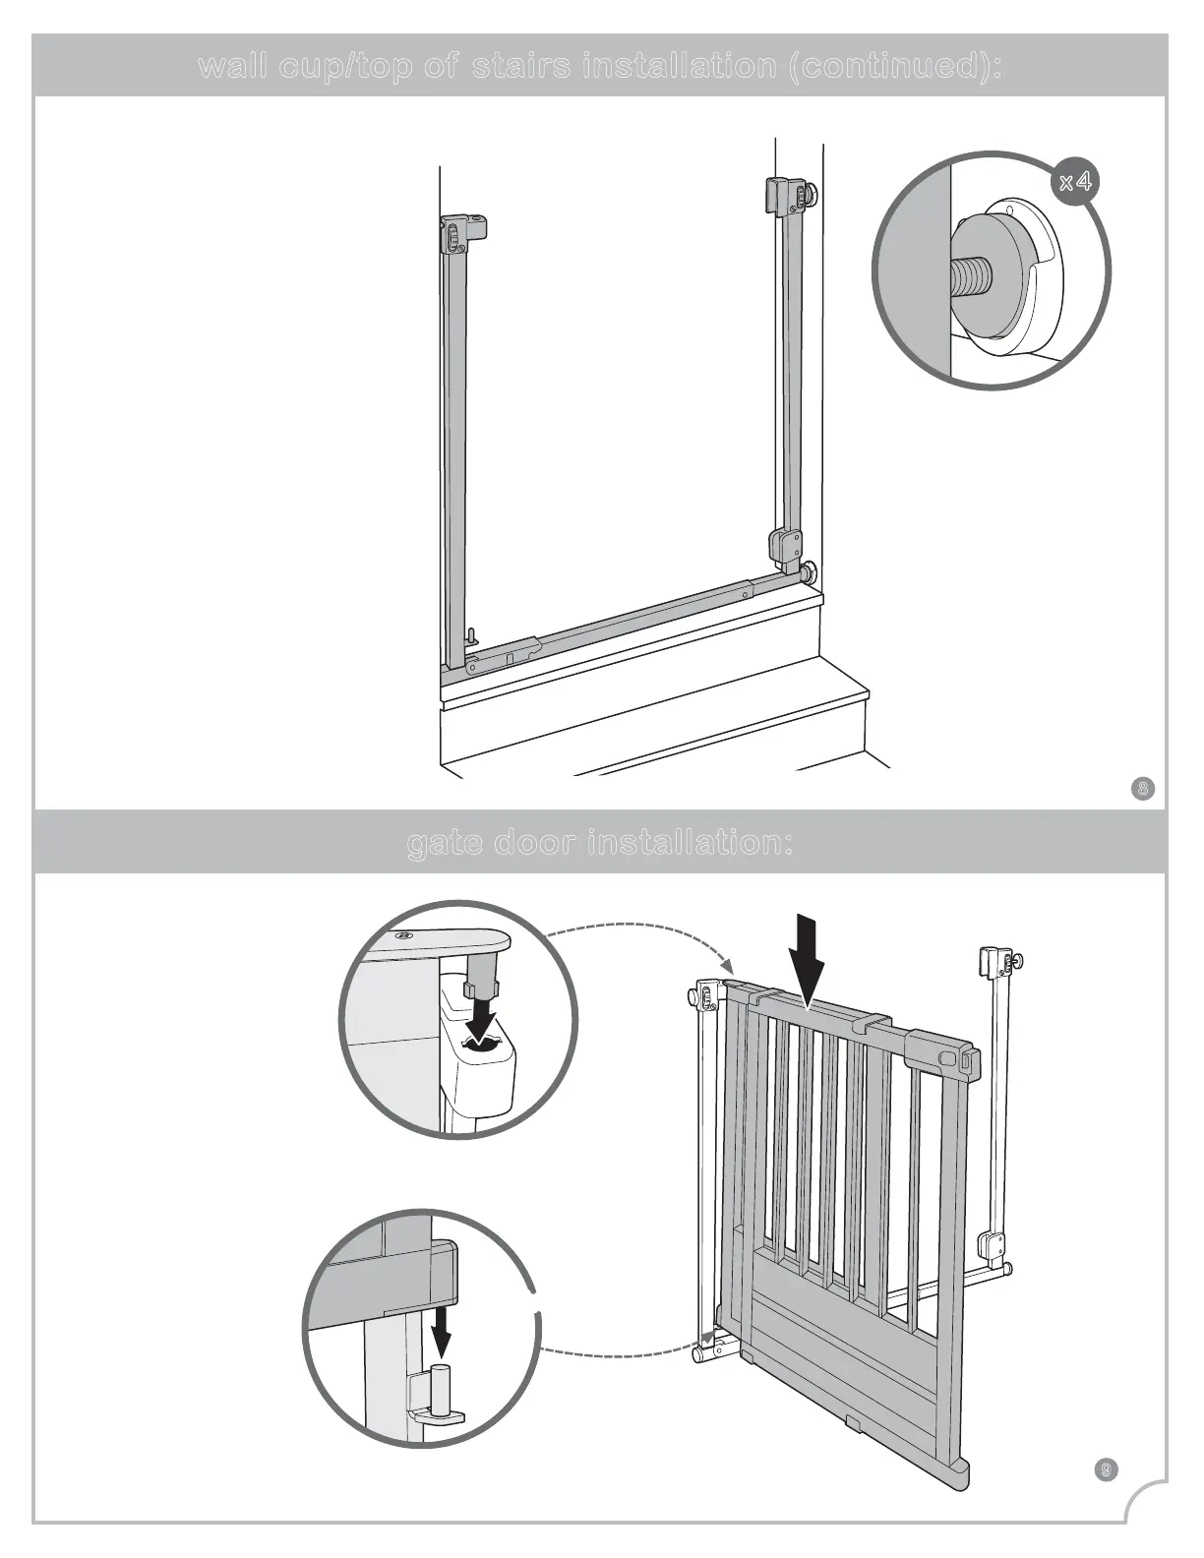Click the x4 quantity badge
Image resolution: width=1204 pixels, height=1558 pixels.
click(1075, 182)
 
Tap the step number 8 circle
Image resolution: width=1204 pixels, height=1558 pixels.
click(1142, 788)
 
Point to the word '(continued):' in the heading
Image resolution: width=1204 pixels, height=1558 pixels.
click(896, 67)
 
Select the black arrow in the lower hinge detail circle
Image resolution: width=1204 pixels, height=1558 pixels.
click(441, 1331)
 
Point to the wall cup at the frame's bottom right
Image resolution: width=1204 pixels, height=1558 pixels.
click(810, 573)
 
